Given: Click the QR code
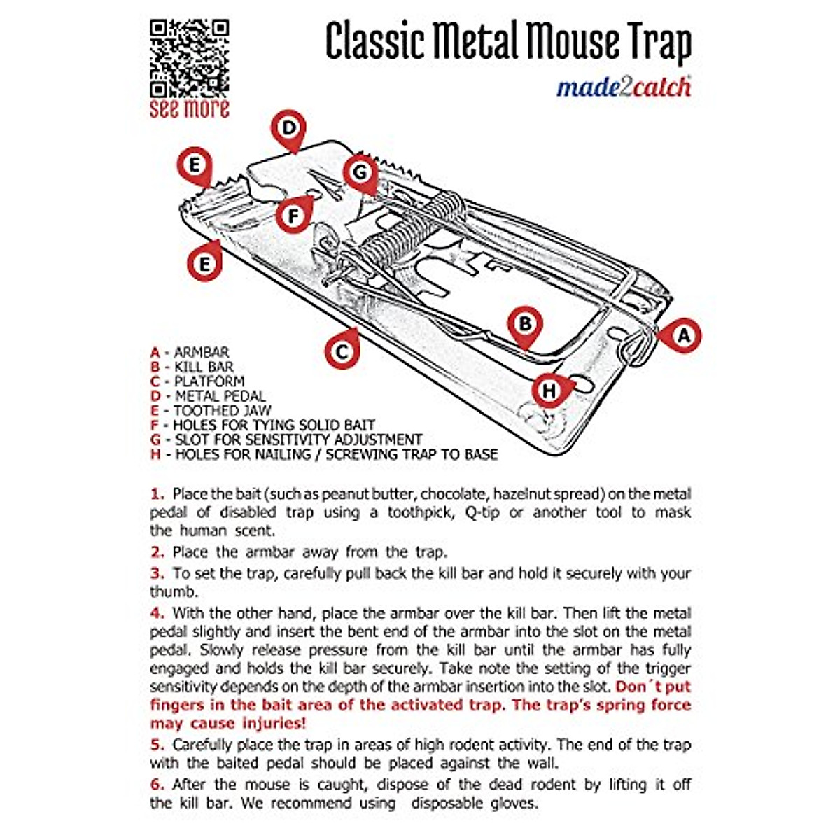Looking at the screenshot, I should click(189, 58).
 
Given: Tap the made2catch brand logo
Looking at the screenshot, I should click(624, 87).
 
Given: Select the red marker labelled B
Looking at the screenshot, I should click(525, 324).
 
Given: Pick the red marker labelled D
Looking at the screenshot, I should click(289, 129).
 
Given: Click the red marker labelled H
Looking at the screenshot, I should click(549, 390).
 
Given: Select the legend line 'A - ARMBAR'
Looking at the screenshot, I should click(190, 352).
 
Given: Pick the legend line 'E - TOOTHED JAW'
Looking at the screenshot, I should click(211, 410).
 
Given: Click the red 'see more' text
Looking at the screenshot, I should click(189, 109).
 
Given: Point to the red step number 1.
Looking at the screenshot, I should click(156, 493).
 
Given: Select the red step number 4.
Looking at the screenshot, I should click(156, 613).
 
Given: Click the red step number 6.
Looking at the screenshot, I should click(156, 785).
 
